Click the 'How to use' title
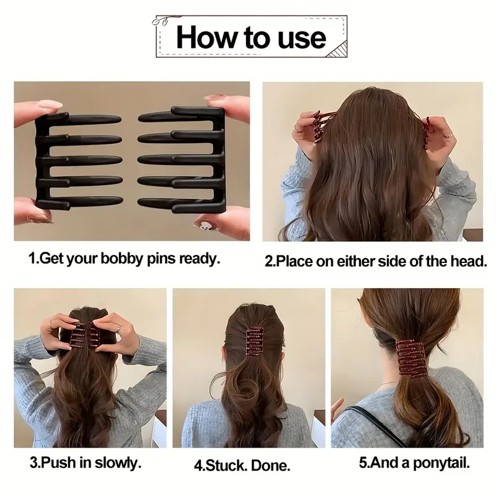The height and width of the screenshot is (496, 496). pyautogui.click(x=250, y=37)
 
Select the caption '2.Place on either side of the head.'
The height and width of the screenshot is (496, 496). pyautogui.click(x=376, y=262)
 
